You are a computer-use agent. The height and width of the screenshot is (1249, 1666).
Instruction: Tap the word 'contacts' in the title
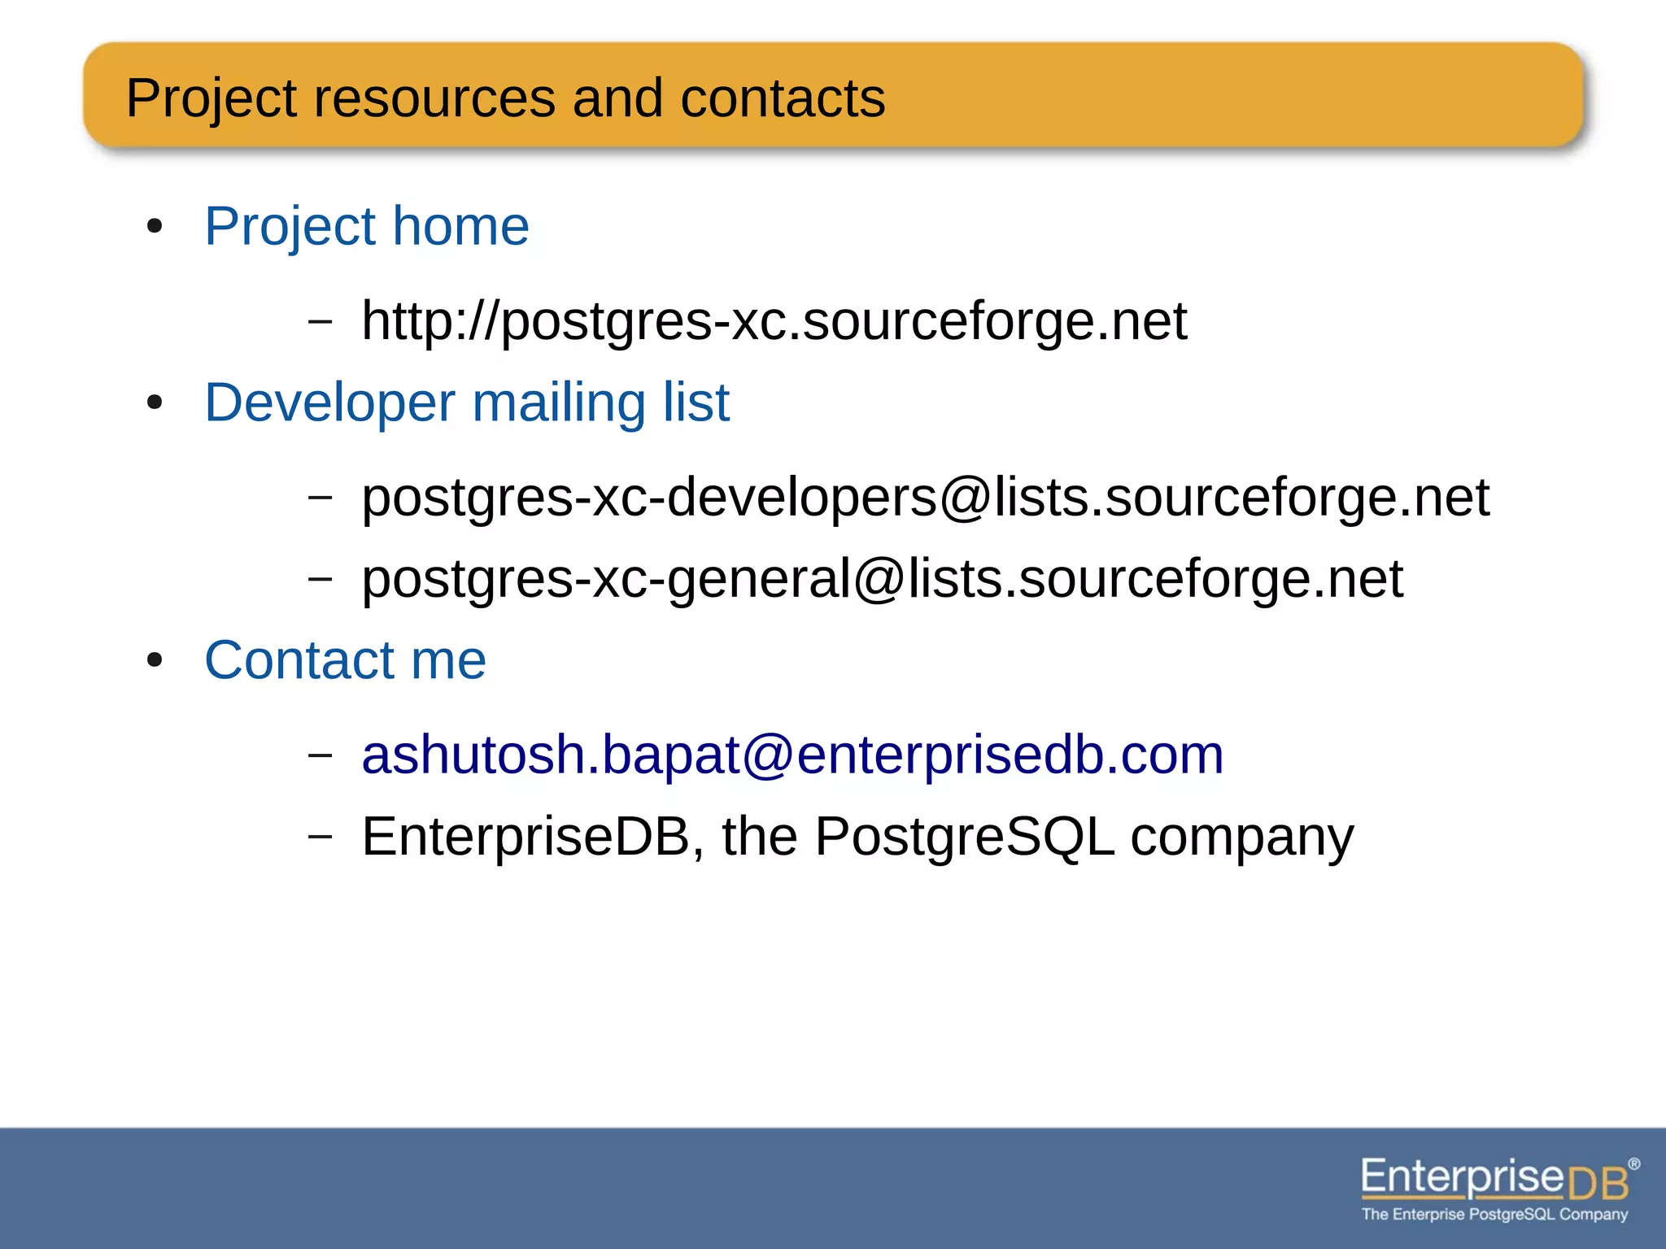pos(782,98)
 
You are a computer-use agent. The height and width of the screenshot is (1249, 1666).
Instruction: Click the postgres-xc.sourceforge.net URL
pos(774,320)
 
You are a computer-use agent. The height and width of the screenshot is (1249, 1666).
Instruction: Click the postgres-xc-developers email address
pos(925,497)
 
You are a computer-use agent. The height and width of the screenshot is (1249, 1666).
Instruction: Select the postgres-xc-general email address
pos(882,578)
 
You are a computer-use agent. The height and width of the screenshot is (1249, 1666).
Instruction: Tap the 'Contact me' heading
pos(345,659)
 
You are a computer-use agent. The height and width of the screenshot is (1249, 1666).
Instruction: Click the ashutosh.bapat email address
pos(792,755)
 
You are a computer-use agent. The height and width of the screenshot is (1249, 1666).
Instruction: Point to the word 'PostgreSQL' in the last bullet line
pos(964,836)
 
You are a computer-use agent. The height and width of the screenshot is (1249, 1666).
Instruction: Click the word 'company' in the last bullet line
pos(1242,838)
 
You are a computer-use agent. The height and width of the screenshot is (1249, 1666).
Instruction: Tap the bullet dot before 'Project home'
pos(155,227)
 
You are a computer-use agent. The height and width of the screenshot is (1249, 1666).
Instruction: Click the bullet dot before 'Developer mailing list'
pos(155,403)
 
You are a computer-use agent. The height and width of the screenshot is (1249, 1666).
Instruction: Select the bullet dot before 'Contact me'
pos(155,660)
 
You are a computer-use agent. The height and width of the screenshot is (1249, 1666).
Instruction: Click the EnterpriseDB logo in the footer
pos(1495,1179)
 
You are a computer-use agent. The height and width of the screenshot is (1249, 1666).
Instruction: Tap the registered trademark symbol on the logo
pos(1633,1164)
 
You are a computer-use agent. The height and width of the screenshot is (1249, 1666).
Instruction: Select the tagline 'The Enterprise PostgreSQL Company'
pos(1494,1214)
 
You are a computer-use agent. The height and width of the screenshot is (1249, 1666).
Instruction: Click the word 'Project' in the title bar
pos(212,98)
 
